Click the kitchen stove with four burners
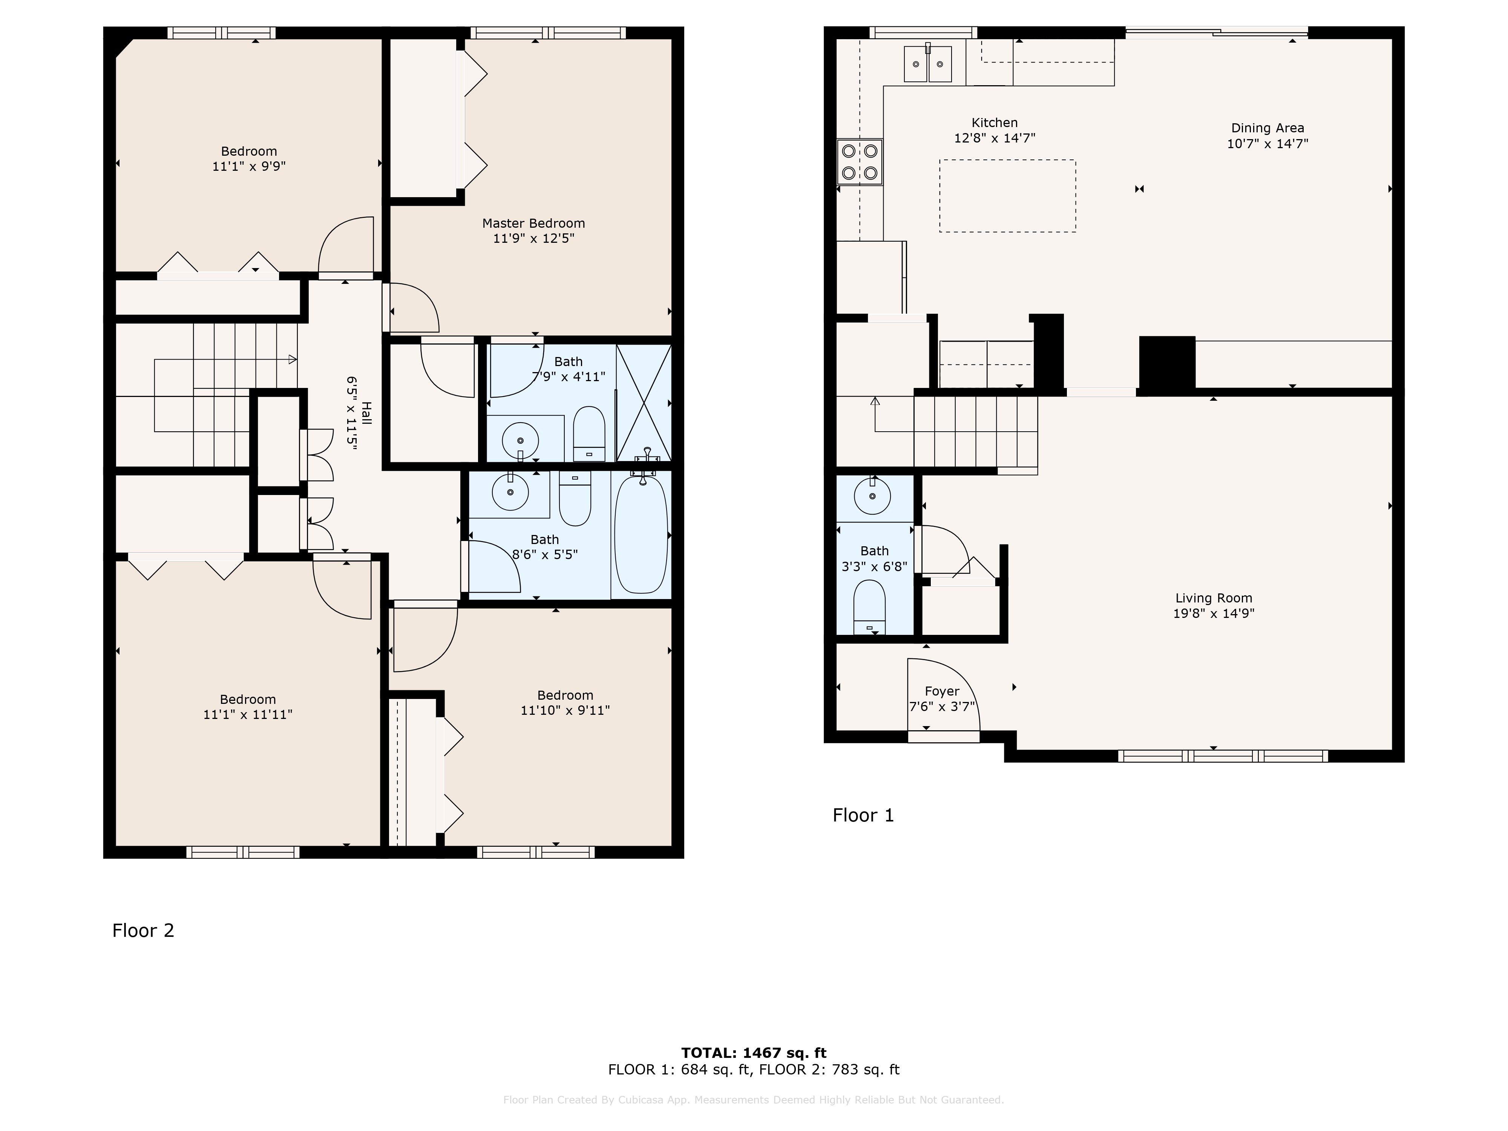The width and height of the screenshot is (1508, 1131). click(x=860, y=162)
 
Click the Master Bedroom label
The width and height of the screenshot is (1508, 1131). click(x=533, y=223)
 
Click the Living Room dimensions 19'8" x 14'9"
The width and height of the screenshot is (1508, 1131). click(x=1214, y=613)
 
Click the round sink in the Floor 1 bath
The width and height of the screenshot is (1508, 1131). click(x=873, y=496)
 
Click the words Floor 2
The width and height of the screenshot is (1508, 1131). click(x=143, y=930)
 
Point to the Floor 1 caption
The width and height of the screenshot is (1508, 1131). click(x=863, y=815)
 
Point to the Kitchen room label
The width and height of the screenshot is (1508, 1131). click(x=995, y=123)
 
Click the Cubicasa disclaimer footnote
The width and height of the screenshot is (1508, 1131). click(x=753, y=1100)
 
